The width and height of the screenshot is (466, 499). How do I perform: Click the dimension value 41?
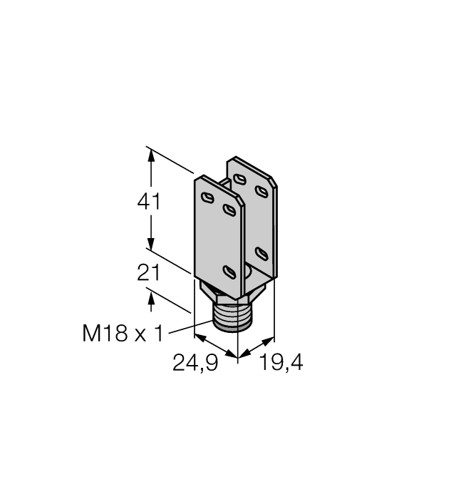point(149,202)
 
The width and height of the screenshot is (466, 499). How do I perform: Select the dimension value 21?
point(149,274)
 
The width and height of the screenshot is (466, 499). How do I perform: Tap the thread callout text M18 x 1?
point(121,332)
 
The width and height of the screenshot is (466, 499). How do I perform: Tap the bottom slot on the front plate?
point(229,271)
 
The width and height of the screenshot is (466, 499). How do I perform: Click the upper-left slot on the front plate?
point(207,197)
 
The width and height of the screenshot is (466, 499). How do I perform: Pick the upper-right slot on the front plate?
point(229,209)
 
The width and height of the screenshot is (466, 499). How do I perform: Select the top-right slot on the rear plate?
point(263,190)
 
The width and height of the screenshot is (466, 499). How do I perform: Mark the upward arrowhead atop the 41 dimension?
point(150,153)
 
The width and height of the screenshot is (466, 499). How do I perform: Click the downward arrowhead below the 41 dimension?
point(150,242)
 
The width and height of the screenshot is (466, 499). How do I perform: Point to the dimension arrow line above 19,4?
point(257,345)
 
